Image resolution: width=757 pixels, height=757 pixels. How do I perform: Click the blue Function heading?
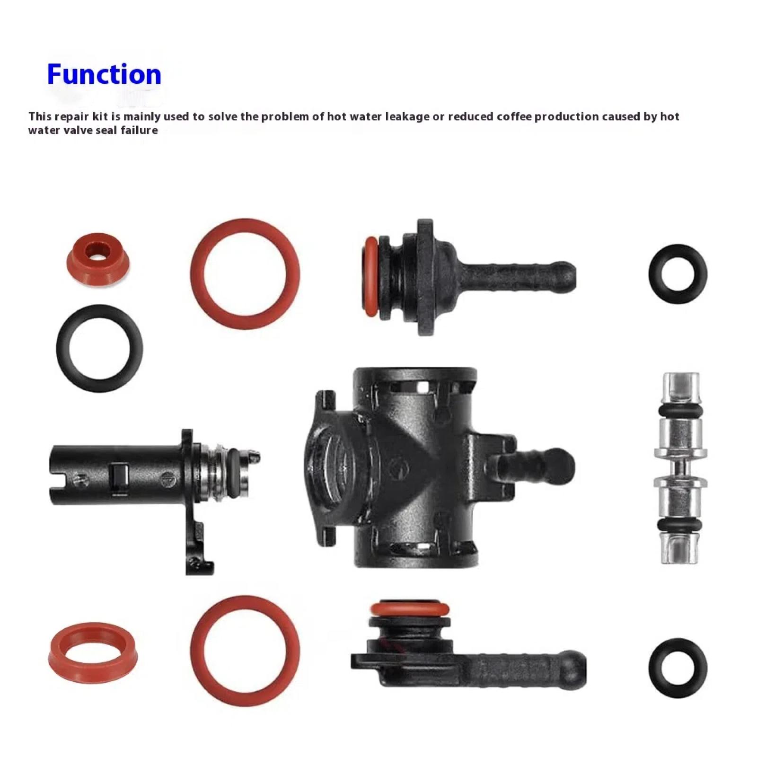coord(104,75)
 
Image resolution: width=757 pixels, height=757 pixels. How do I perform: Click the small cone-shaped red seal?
coord(98,260)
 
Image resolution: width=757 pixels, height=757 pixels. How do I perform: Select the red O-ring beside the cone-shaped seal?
coord(245,273)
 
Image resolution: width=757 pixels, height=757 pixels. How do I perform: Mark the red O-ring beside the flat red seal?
coord(245,650)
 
